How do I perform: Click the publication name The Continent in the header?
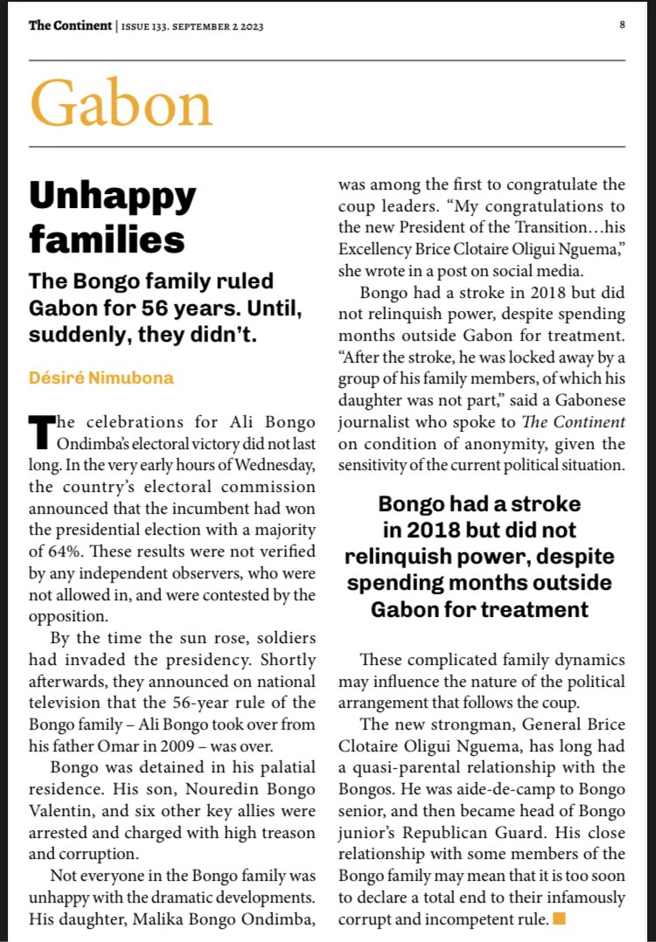(70, 25)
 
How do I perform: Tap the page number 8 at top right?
(622, 24)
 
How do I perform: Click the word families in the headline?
(107, 239)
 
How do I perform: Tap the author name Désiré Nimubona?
(101, 377)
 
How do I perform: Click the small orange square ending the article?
(560, 918)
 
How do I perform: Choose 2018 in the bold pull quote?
(416, 530)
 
